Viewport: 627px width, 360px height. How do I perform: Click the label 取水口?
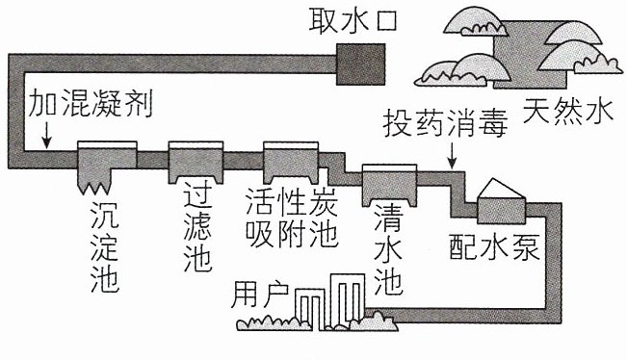click(x=353, y=20)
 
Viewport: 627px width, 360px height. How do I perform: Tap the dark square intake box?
click(x=360, y=64)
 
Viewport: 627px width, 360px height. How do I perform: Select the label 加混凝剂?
click(x=91, y=104)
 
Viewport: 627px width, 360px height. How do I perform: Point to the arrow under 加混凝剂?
click(x=47, y=135)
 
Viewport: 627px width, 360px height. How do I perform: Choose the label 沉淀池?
click(x=105, y=247)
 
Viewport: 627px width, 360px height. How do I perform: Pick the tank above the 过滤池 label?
click(x=196, y=162)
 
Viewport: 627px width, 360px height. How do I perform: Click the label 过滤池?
click(x=197, y=230)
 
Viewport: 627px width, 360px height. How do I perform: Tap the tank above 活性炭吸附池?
click(x=291, y=163)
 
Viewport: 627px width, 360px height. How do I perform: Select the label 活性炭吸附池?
click(x=292, y=218)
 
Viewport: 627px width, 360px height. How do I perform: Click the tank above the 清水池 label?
click(x=389, y=185)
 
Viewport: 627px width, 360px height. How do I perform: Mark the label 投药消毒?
click(x=446, y=123)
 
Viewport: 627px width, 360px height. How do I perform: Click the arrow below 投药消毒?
click(x=452, y=155)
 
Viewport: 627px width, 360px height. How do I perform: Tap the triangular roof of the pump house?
click(x=500, y=189)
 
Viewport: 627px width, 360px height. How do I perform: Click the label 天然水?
click(x=568, y=111)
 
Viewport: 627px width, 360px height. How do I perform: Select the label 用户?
click(x=260, y=295)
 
